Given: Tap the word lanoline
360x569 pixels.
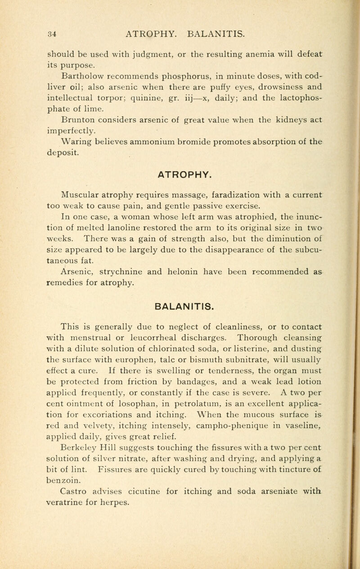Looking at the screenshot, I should (x=130, y=207).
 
